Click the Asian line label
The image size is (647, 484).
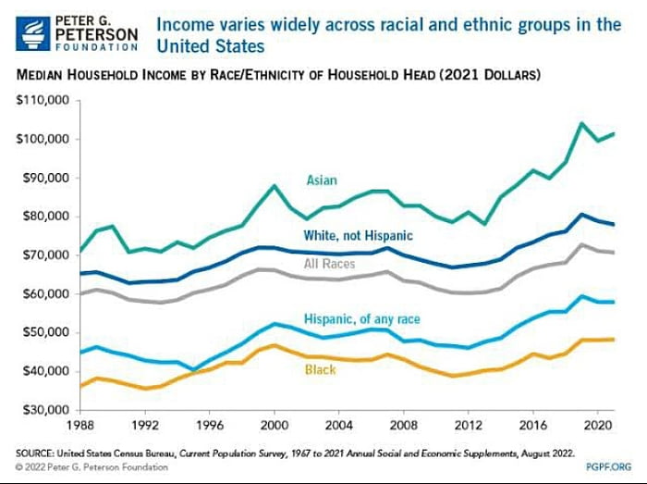tap(322, 180)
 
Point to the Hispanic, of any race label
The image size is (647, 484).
tap(361, 319)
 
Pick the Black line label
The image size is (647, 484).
tap(320, 370)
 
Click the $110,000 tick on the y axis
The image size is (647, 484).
tap(39, 100)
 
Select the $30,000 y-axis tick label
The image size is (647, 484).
tap(42, 409)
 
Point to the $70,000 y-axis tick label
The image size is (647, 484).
tap(42, 254)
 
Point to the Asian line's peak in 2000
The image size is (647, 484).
tap(275, 186)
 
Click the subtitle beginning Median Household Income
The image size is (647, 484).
tap(277, 73)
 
